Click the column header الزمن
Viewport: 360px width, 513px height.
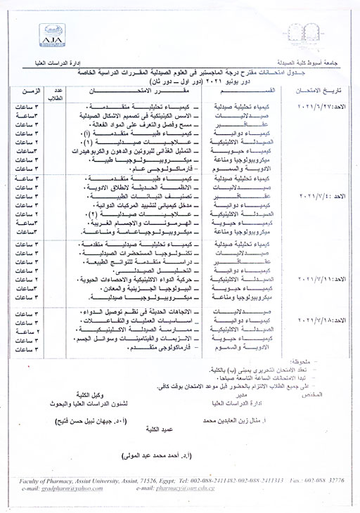35,92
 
